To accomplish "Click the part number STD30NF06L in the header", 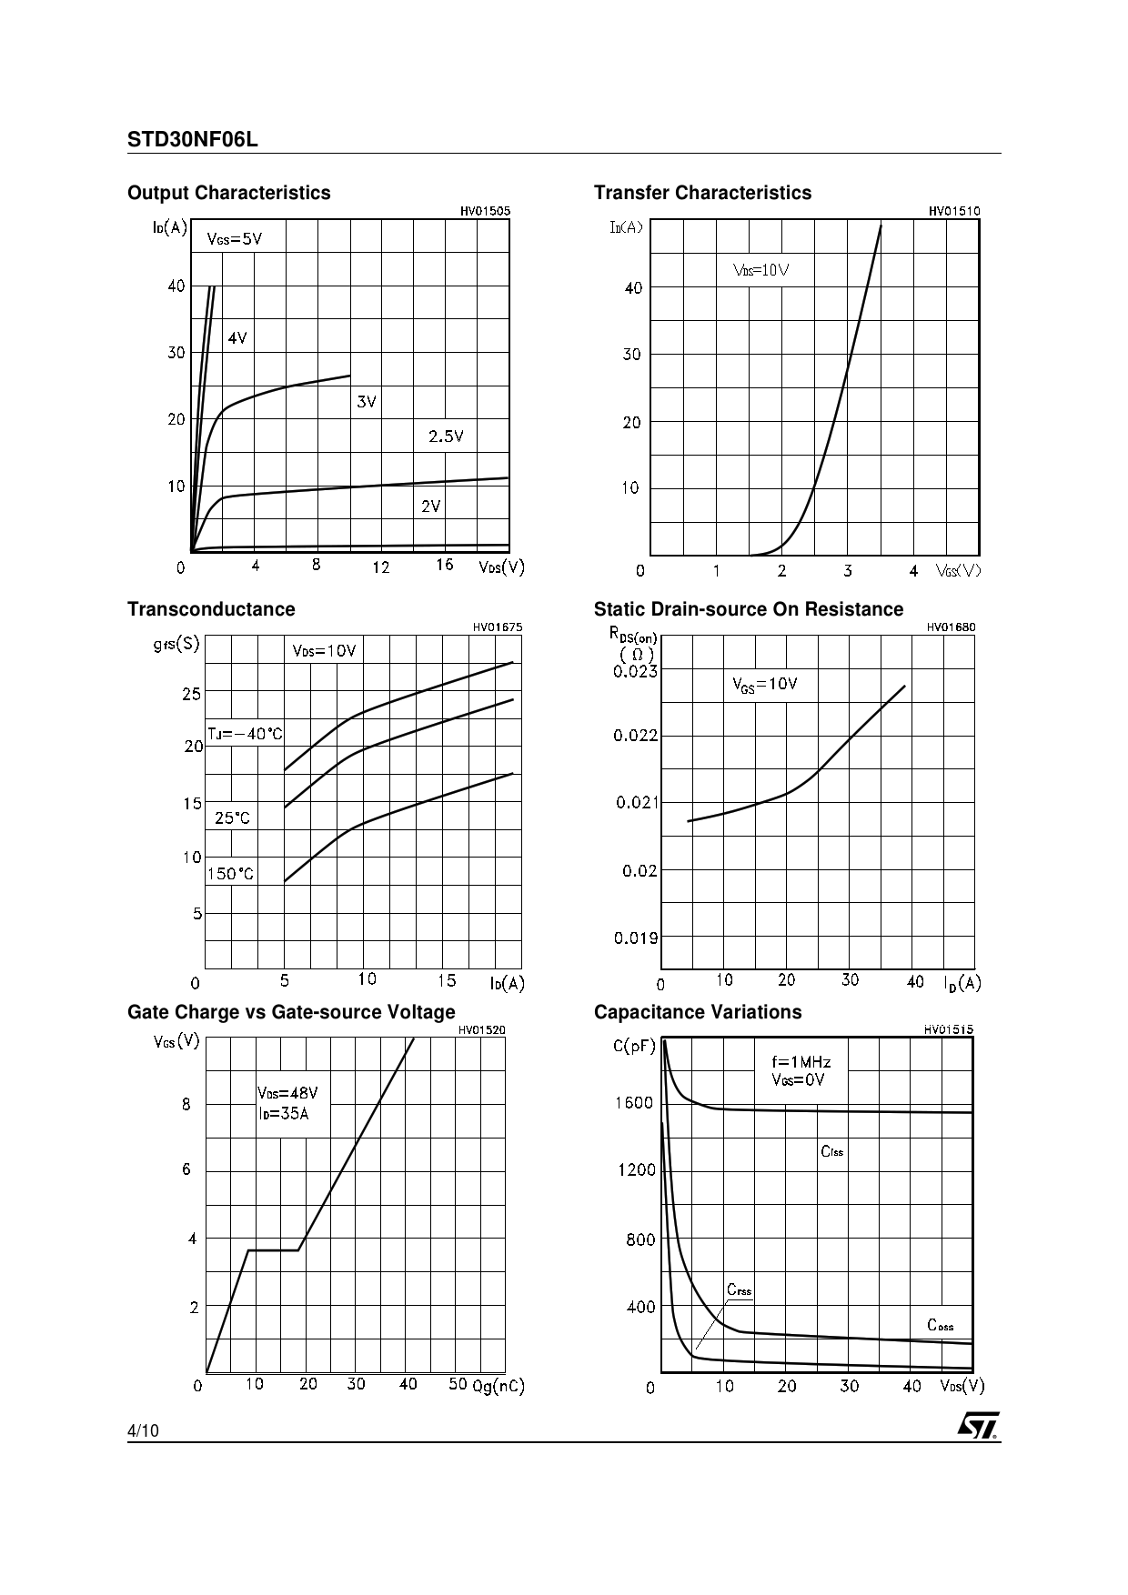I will pyautogui.click(x=193, y=140).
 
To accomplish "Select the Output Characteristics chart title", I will pyautogui.click(x=229, y=193).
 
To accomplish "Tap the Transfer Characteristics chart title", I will pyautogui.click(x=702, y=193).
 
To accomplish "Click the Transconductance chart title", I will pyautogui.click(x=211, y=609).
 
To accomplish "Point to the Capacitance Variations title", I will pyautogui.click(x=698, y=1012).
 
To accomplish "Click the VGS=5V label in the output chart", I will pyautogui.click(x=235, y=239).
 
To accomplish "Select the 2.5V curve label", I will pyautogui.click(x=446, y=436).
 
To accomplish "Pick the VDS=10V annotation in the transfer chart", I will pyautogui.click(x=760, y=270).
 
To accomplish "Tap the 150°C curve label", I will pyautogui.click(x=231, y=874).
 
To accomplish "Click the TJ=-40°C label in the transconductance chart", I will pyautogui.click(x=246, y=734).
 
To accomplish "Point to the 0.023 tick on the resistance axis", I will pyautogui.click(x=635, y=671).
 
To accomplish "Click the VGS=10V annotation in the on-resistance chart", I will pyautogui.click(x=765, y=685).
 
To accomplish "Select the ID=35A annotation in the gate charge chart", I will pyautogui.click(x=283, y=1113).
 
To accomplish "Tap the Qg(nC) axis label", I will pyautogui.click(x=499, y=1386).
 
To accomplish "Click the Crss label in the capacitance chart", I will pyautogui.click(x=740, y=1290).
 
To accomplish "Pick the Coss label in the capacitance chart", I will pyautogui.click(x=941, y=1325).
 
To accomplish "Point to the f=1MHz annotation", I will pyautogui.click(x=801, y=1062).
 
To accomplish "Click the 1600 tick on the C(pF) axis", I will pyautogui.click(x=634, y=1103).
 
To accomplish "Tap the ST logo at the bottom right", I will pyautogui.click(x=978, y=1425).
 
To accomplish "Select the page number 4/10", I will pyautogui.click(x=143, y=1430).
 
